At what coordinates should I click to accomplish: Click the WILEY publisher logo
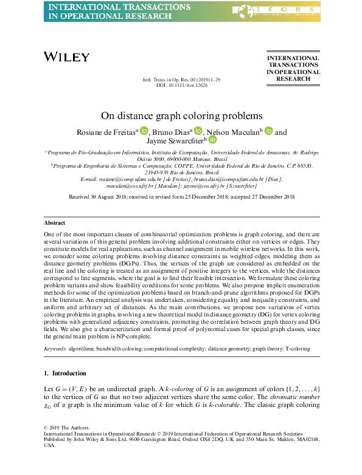pyautogui.click(x=66, y=57)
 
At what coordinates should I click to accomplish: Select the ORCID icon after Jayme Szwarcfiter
pyautogui.click(x=212, y=140)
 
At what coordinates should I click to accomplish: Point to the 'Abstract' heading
pyautogui.click(x=56, y=206)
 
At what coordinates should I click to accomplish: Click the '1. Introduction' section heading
pyautogui.click(x=66, y=373)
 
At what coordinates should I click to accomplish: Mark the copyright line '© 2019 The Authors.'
pyautogui.click(x=67, y=428)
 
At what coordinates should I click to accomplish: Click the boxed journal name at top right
pyautogui.click(x=293, y=69)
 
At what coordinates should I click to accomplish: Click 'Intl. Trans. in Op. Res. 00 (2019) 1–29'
pyautogui.click(x=181, y=80)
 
